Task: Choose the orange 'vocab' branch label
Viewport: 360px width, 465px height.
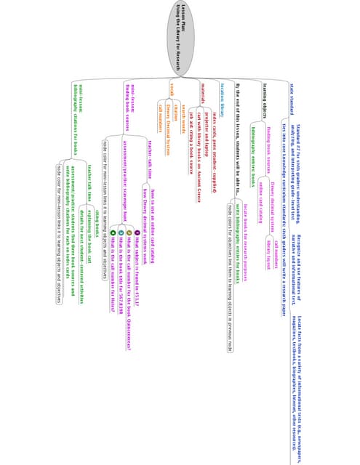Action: [x=171, y=90]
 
